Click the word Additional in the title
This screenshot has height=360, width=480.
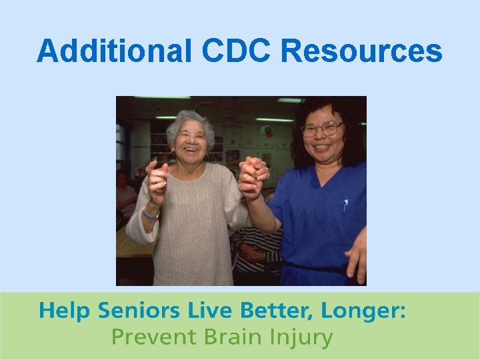click(113, 51)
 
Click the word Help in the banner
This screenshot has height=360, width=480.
click(64, 311)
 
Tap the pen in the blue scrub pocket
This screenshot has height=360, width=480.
click(345, 203)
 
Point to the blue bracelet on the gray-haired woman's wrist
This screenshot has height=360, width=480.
click(150, 215)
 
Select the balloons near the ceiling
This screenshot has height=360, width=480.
click(267, 131)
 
